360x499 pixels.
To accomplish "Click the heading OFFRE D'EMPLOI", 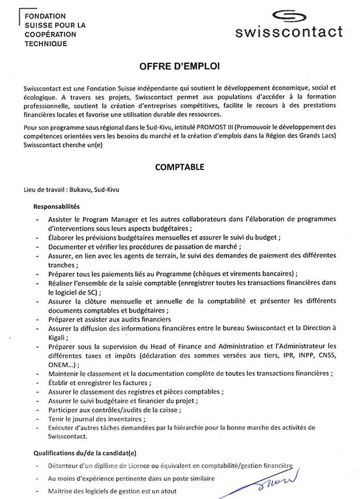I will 180,67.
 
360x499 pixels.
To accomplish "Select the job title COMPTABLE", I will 179,167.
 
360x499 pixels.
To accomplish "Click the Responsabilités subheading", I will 56,206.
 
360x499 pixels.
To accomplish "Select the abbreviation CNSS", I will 332,354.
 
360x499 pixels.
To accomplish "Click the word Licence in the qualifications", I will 147,466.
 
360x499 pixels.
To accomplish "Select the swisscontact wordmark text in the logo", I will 289,33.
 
